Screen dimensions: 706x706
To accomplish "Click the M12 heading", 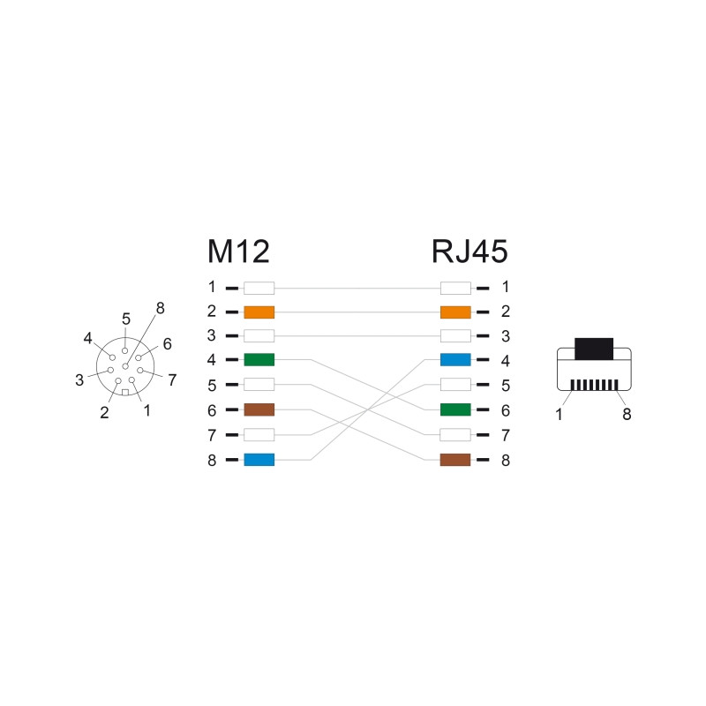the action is click(x=238, y=252).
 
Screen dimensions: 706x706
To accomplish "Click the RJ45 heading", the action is click(x=469, y=252).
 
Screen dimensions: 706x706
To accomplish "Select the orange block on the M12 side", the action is click(x=259, y=312).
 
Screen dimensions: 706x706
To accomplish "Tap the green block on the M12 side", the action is click(x=259, y=360).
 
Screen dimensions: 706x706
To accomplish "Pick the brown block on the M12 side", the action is click(x=259, y=409).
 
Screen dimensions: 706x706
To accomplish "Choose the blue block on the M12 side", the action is click(x=259, y=460).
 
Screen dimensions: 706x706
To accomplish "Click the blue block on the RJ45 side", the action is click(x=455, y=360).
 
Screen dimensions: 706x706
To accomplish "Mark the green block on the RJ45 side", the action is click(x=455, y=409).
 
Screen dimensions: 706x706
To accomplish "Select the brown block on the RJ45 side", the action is click(x=455, y=460).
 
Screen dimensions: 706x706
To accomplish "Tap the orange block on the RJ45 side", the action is click(x=455, y=312).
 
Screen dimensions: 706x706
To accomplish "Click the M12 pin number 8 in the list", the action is click(x=212, y=460).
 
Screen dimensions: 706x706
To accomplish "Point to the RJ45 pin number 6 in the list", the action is click(x=506, y=410).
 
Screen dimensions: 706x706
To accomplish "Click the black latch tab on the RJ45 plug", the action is click(x=594, y=349).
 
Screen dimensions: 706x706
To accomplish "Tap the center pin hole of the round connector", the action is click(x=125, y=366).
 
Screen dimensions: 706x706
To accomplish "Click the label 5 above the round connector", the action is click(x=126, y=319).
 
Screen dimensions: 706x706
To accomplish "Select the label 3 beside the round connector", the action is click(x=79, y=380).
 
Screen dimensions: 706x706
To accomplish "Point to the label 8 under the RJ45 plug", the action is click(x=627, y=414).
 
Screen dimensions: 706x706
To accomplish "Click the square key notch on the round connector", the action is click(x=125, y=392).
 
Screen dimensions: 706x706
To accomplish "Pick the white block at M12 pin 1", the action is click(x=259, y=288).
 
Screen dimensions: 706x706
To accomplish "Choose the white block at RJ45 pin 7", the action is click(x=455, y=435).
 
